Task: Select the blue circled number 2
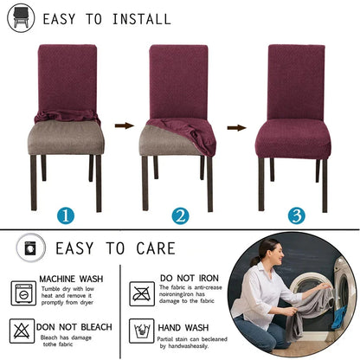point(179,215)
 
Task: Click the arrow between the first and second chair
point(125,126)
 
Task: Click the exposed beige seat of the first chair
point(67,136)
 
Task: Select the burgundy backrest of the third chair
point(295,82)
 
